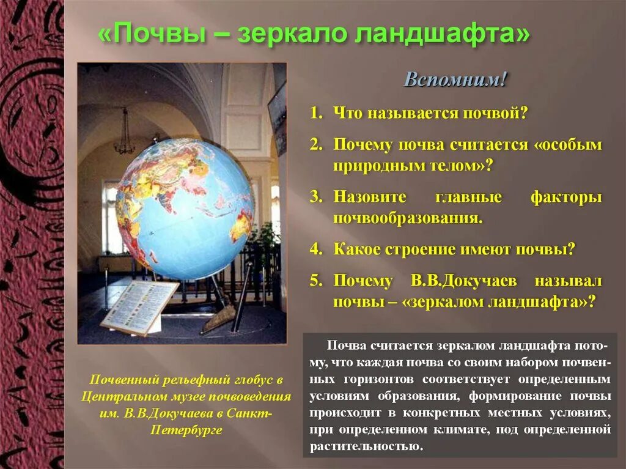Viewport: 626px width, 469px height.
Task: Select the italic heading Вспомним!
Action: (x=455, y=80)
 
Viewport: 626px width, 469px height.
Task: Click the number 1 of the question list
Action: (x=315, y=113)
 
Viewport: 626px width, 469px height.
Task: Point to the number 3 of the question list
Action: (x=315, y=198)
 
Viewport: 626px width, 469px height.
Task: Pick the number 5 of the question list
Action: (x=315, y=281)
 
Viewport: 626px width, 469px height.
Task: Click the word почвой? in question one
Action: (x=491, y=113)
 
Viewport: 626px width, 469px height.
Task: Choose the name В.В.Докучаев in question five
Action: (x=464, y=281)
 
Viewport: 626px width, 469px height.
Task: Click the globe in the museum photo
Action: (x=185, y=208)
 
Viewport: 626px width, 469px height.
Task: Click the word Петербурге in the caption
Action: (x=186, y=429)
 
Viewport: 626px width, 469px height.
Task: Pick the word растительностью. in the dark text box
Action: (x=366, y=446)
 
